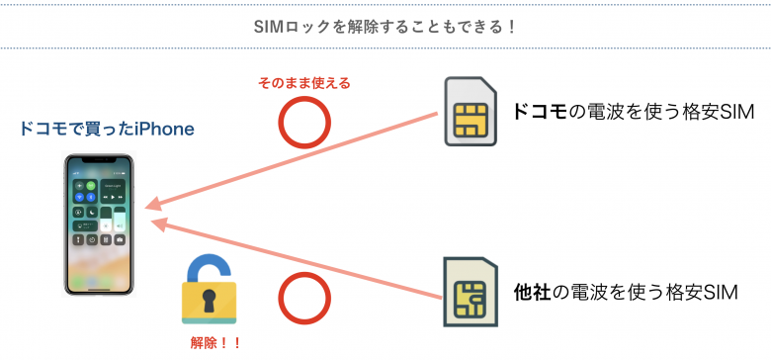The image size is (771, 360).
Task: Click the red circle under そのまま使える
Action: coord(304,123)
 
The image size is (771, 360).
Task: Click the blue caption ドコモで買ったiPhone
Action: coord(107,130)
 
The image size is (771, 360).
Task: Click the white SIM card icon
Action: coord(471,112)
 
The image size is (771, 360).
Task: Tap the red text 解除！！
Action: coord(214,344)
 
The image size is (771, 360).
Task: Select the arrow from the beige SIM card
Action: coord(297,260)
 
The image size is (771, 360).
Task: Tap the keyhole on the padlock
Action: coord(208,300)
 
